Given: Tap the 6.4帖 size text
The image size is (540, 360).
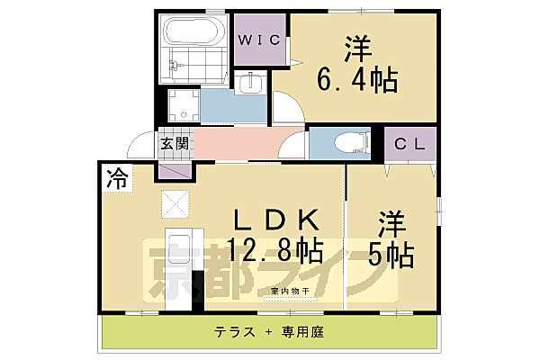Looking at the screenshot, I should click(356, 82).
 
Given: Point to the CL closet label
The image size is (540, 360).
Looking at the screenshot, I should click(410, 142).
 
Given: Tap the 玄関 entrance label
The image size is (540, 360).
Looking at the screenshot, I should click(175, 143).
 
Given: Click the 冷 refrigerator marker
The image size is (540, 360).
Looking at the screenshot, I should click(116, 176).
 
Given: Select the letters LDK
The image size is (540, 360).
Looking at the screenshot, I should click(275, 220).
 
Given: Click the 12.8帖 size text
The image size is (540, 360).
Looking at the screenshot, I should click(275, 249).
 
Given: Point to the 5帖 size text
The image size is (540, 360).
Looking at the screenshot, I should click(390, 254).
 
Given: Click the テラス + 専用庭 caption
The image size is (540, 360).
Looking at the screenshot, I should click(268, 332).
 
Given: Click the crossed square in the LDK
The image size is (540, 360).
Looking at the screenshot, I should click(175, 204).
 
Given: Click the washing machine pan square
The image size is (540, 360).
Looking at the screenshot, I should click(183, 106).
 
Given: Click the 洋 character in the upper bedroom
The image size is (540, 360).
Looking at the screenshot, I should click(355, 45).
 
